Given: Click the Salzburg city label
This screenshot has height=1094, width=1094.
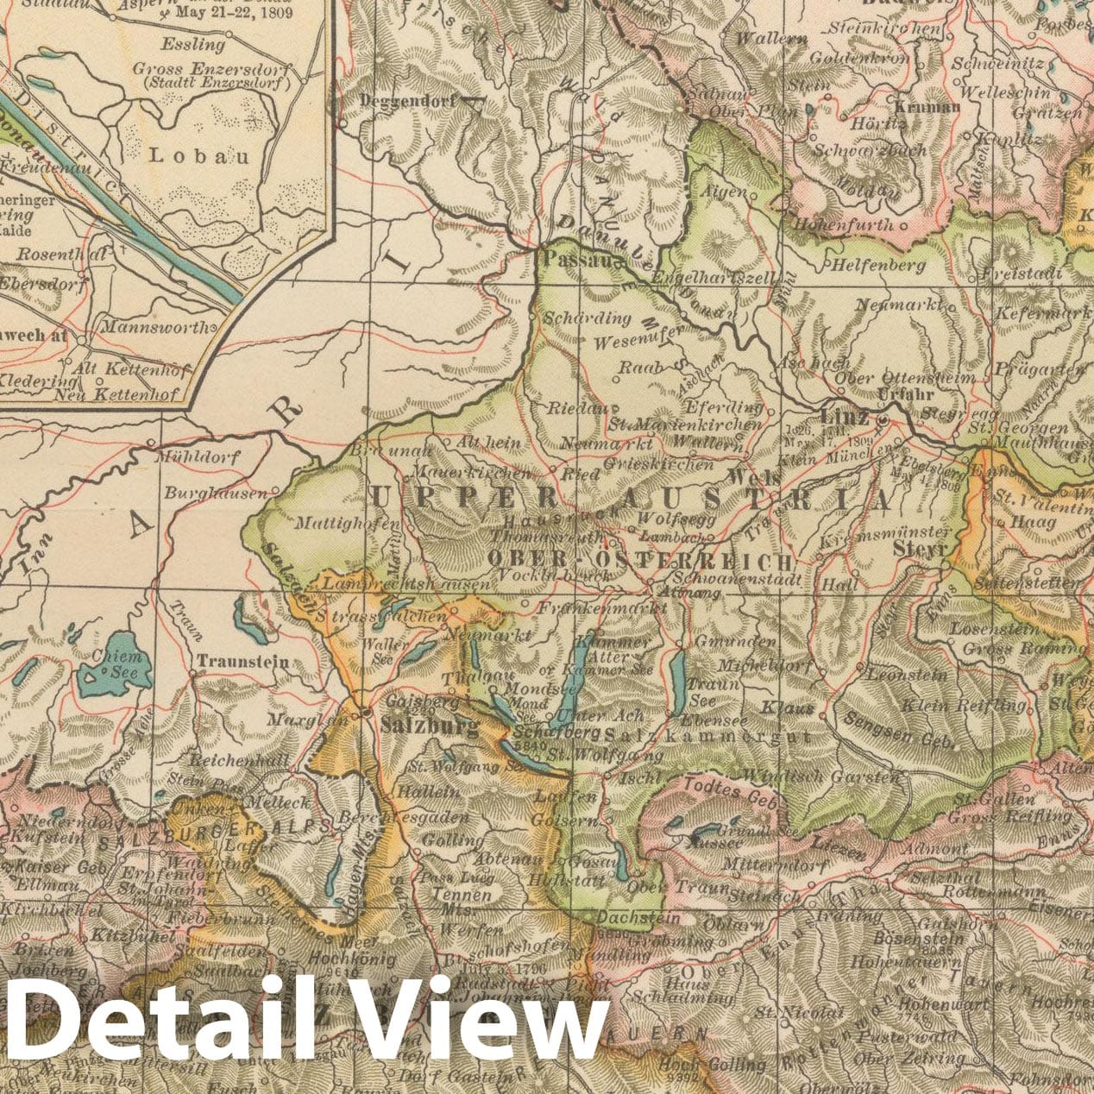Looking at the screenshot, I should (x=429, y=726).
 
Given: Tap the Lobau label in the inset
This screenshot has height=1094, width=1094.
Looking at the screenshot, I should (x=199, y=156).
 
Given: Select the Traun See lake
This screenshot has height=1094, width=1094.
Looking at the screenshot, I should (x=679, y=680).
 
